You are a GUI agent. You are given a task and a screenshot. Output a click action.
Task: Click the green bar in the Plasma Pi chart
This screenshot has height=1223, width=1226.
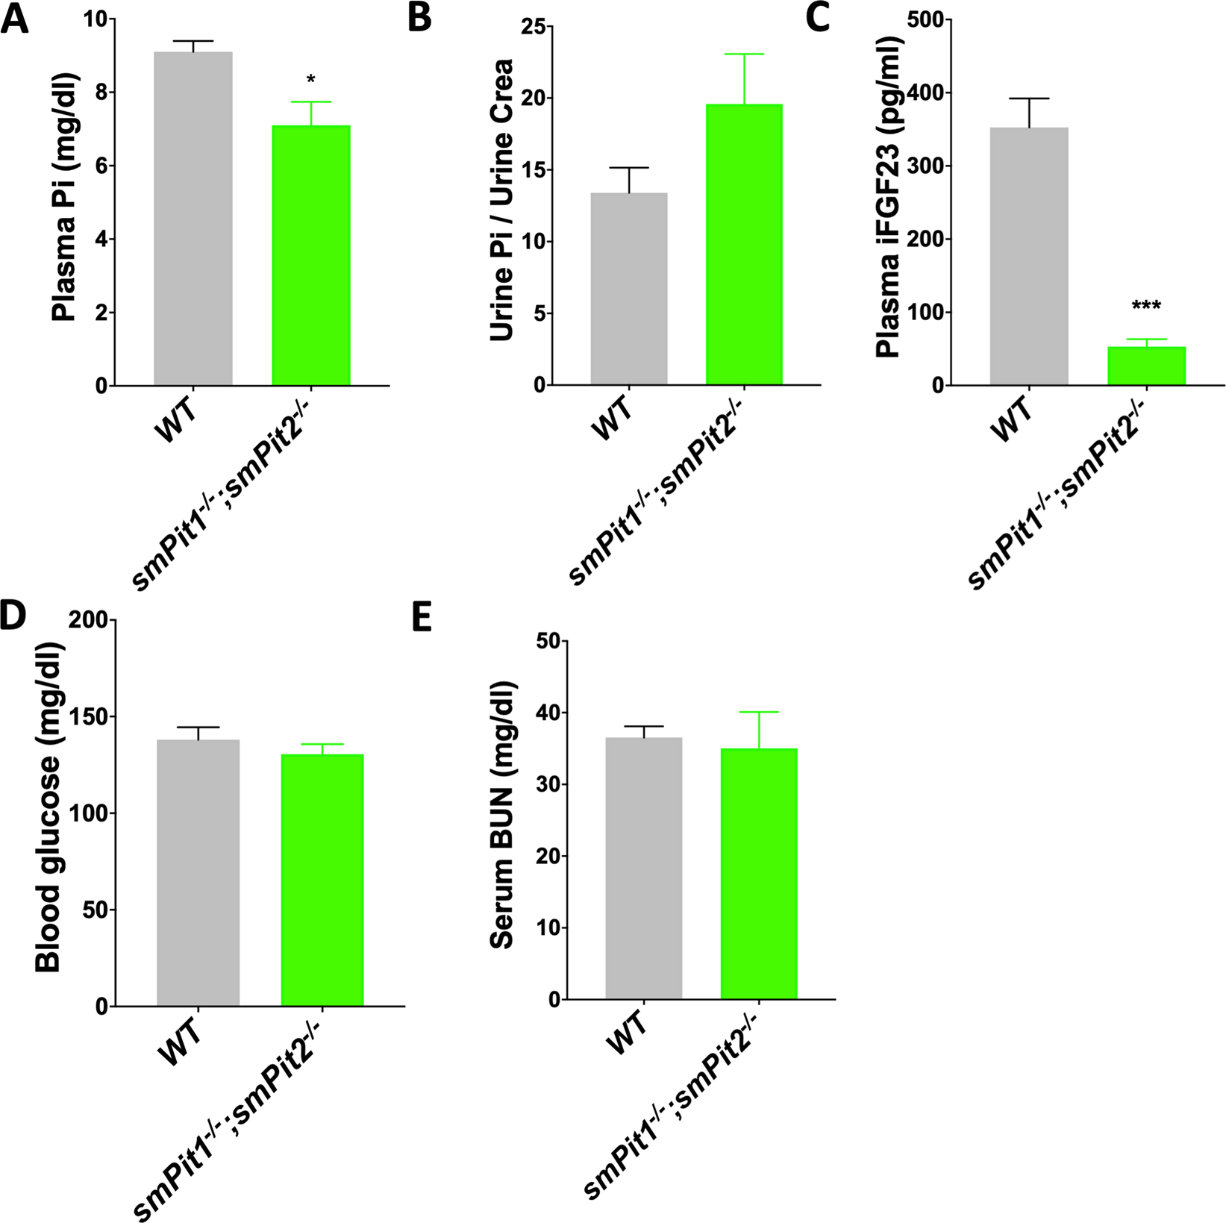tap(311, 255)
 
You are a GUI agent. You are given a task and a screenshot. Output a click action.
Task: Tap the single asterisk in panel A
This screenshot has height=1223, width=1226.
tap(311, 80)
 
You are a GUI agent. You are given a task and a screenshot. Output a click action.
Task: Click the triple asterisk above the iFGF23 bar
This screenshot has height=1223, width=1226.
tap(1146, 307)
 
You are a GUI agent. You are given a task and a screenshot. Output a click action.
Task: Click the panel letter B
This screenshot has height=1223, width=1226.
tap(419, 16)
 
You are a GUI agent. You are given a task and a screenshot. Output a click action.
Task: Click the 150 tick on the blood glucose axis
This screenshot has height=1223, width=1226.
tap(89, 717)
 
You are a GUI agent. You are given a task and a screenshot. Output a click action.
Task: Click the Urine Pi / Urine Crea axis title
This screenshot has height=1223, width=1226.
tap(504, 199)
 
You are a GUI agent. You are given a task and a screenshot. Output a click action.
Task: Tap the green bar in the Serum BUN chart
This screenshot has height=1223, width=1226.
tap(759, 874)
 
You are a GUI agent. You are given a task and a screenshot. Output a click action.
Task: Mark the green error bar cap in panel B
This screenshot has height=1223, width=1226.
tap(744, 54)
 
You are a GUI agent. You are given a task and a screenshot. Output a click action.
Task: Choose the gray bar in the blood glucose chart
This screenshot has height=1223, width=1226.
tap(198, 872)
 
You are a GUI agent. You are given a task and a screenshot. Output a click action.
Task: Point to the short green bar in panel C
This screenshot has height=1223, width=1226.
tap(1146, 366)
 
